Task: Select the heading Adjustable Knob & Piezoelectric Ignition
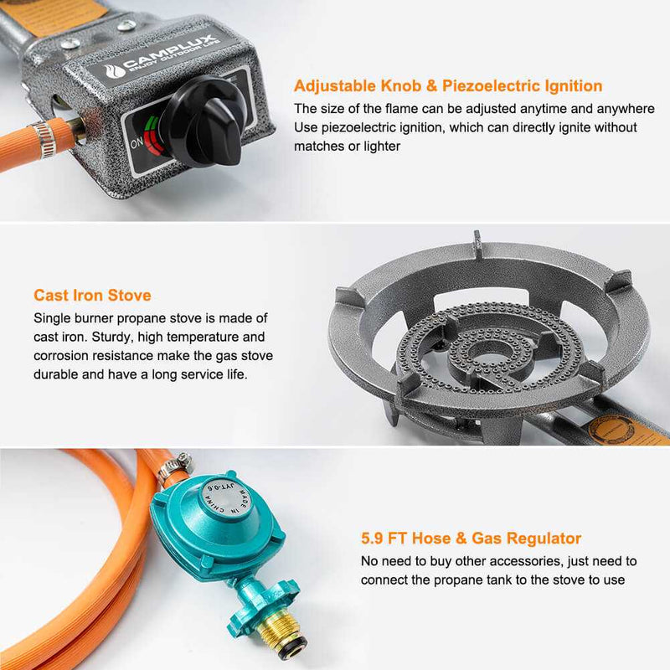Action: coord(448,85)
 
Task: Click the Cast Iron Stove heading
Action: coord(92,295)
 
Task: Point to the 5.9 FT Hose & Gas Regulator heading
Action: coord(471,539)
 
